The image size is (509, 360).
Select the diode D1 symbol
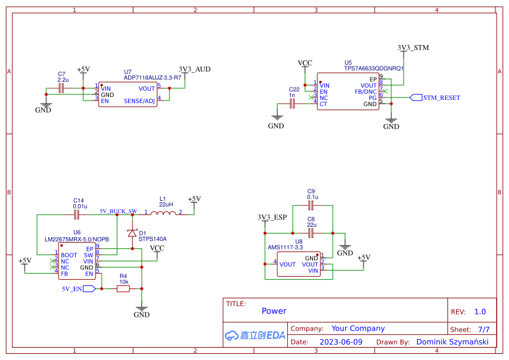point(131,233)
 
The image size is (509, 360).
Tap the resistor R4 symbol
point(123,288)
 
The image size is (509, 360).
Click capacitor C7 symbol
point(61,88)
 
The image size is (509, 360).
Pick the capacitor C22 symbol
point(293,104)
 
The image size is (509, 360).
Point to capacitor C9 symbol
point(311,205)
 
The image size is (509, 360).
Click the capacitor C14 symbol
point(77,215)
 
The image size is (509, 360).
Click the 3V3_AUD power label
point(194,69)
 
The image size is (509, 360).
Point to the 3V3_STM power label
point(413,47)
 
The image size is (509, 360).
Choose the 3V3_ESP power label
point(272,218)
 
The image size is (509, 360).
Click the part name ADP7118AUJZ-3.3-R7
point(152,78)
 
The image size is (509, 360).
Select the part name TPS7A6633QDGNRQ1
point(373,68)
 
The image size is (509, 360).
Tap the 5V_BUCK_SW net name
point(118,211)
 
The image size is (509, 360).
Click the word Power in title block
point(274,311)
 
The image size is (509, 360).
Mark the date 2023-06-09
point(341,342)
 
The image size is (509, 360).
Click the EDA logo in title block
point(254,335)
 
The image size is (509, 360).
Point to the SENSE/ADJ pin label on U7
point(139,100)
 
